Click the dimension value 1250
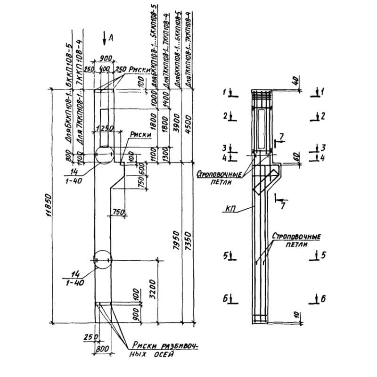(x=103, y=128)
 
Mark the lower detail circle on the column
(x=103, y=260)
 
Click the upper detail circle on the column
(x=103, y=154)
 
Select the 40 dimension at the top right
(x=295, y=80)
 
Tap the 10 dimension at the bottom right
(x=295, y=315)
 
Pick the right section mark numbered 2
(x=319, y=115)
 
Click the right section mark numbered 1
(x=319, y=92)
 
